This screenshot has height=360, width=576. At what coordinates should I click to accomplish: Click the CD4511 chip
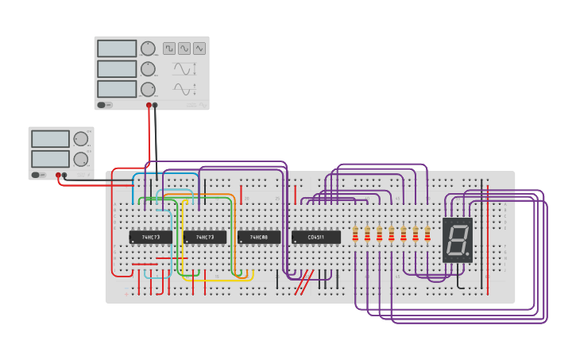pos(316,237)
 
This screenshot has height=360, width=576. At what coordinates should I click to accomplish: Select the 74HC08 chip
pos(259,237)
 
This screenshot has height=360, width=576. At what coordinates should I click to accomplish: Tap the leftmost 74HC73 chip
pos(151,237)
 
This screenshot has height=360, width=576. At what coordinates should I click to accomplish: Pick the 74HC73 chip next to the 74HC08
pos(205,237)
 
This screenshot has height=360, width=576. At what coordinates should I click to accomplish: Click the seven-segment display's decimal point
pos(467,254)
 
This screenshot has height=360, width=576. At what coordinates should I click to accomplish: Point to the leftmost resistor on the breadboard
pos(355,234)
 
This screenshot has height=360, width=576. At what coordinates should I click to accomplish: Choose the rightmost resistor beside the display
pos(427,234)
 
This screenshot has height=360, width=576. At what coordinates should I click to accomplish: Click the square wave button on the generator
pos(169,48)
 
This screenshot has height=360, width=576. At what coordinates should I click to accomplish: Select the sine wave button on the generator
pos(184,48)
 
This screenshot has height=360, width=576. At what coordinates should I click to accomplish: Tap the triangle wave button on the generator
pos(199,48)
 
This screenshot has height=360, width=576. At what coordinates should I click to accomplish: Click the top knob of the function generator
pos(148,48)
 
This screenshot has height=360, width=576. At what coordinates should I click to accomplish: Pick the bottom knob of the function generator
pos(148,89)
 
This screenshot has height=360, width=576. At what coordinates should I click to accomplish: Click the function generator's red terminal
pos(149,105)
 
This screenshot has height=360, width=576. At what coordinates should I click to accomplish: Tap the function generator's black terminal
pos(155,105)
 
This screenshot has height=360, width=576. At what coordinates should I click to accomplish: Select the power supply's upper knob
pos(80,139)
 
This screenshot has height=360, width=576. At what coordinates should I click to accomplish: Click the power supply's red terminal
pos(58,175)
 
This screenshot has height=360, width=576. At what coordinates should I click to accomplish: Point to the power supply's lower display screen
pos(50,159)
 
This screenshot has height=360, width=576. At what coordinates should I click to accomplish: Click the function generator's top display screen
pos(117,48)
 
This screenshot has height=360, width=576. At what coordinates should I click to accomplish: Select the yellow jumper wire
pos(184,238)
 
